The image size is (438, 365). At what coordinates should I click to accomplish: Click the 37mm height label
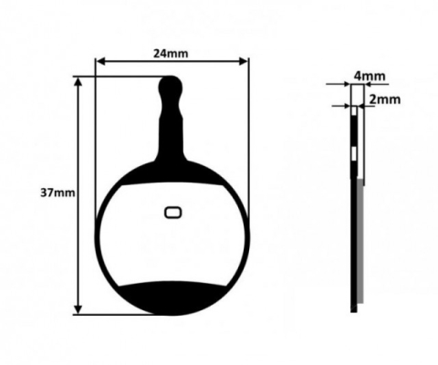coord(55,193)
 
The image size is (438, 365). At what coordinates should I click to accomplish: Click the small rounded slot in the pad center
coord(172,213)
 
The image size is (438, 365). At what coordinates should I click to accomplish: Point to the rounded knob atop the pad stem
coord(171,88)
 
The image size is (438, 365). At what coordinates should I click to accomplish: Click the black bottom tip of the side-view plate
coord(353,308)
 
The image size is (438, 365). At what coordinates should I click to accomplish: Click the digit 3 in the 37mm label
coord(45,193)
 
